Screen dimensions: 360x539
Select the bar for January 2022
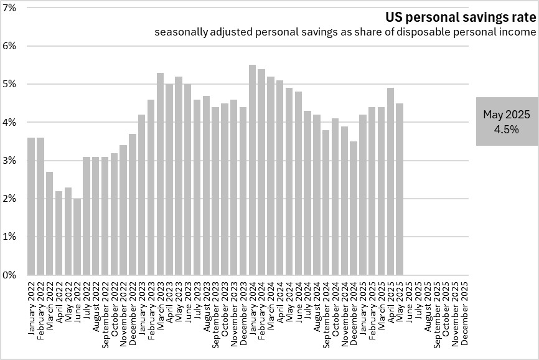[31, 206]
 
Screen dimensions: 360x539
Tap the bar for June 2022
[77, 237]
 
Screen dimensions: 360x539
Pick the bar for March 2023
[160, 174]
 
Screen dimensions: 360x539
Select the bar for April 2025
[390, 181]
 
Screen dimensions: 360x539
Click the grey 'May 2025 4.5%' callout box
[507, 121]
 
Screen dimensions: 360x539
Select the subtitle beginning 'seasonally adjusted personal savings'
[345, 32]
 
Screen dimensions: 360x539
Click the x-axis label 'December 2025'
[464, 311]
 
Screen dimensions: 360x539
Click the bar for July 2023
[197, 187]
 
